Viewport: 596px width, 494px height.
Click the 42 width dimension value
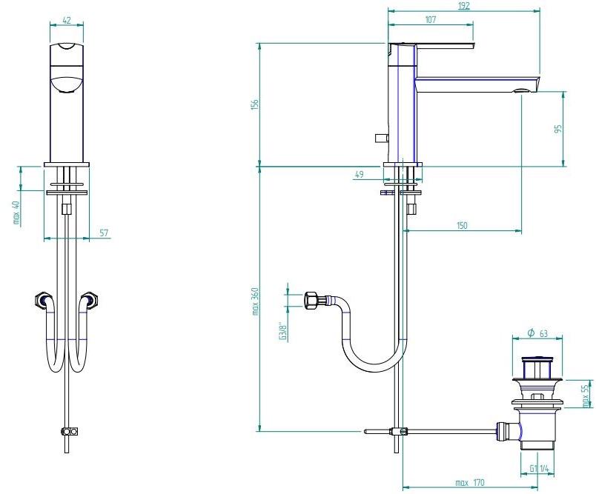67,21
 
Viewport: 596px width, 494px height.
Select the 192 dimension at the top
464,5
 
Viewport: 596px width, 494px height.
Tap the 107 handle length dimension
430,20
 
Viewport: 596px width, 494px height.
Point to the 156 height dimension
253,104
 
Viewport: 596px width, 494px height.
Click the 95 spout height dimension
558,128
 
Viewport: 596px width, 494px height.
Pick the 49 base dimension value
360,175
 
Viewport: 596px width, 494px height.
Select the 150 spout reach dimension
462,226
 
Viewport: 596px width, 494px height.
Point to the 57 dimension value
104,233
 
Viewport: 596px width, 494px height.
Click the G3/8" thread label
281,330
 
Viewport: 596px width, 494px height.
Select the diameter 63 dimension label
540,333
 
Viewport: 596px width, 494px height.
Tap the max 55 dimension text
586,395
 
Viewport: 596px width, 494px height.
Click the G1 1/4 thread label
540,468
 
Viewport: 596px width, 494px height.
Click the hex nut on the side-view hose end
311,301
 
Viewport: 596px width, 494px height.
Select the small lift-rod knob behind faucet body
380,138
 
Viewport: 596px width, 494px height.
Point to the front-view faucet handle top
67,49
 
